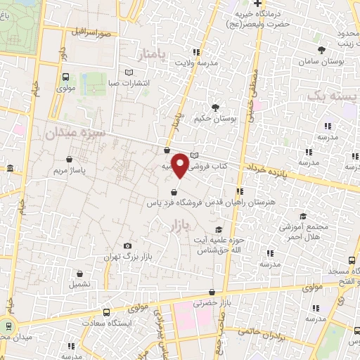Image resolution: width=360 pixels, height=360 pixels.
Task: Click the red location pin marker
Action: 181,165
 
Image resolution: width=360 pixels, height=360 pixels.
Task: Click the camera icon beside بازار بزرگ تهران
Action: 127,245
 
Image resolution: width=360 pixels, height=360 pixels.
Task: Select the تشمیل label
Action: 79,285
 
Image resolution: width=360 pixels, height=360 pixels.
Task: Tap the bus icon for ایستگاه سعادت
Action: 106,311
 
